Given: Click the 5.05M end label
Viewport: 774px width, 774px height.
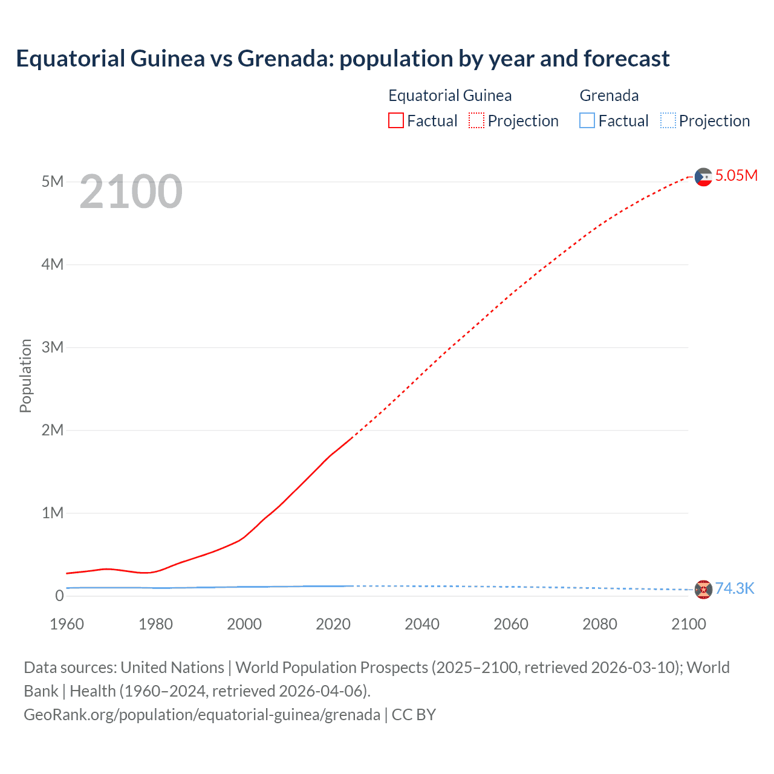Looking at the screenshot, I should tap(736, 175).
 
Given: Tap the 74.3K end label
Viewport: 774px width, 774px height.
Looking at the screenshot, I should tap(735, 588).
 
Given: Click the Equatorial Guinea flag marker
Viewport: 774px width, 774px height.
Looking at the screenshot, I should tap(703, 177).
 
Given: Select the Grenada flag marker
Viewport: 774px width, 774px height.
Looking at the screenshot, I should tap(703, 589).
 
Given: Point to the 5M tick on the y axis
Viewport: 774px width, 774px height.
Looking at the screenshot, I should tap(53, 181).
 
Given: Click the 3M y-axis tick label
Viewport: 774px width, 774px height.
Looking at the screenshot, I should tap(53, 347).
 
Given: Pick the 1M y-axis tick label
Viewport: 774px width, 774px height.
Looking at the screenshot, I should tap(53, 513).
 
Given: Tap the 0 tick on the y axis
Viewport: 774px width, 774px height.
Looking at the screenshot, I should tap(59, 596).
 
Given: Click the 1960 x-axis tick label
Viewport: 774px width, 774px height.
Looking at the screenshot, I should tap(67, 624).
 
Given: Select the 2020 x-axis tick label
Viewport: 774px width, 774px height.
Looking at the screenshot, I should tap(333, 624).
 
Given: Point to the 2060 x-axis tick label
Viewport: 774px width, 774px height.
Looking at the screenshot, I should tap(511, 624).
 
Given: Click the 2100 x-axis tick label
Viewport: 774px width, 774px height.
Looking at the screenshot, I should tap(689, 624).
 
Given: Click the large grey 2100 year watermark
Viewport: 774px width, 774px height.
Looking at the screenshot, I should tap(131, 192).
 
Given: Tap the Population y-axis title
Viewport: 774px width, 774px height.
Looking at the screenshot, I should tap(25, 376).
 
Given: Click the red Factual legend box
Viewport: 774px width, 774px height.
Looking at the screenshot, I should tap(396, 121).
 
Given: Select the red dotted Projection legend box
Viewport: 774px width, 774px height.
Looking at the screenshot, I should tap(476, 121).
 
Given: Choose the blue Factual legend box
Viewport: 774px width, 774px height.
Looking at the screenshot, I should tap(587, 121).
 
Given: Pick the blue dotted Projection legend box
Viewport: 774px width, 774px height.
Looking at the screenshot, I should tap(668, 121).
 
